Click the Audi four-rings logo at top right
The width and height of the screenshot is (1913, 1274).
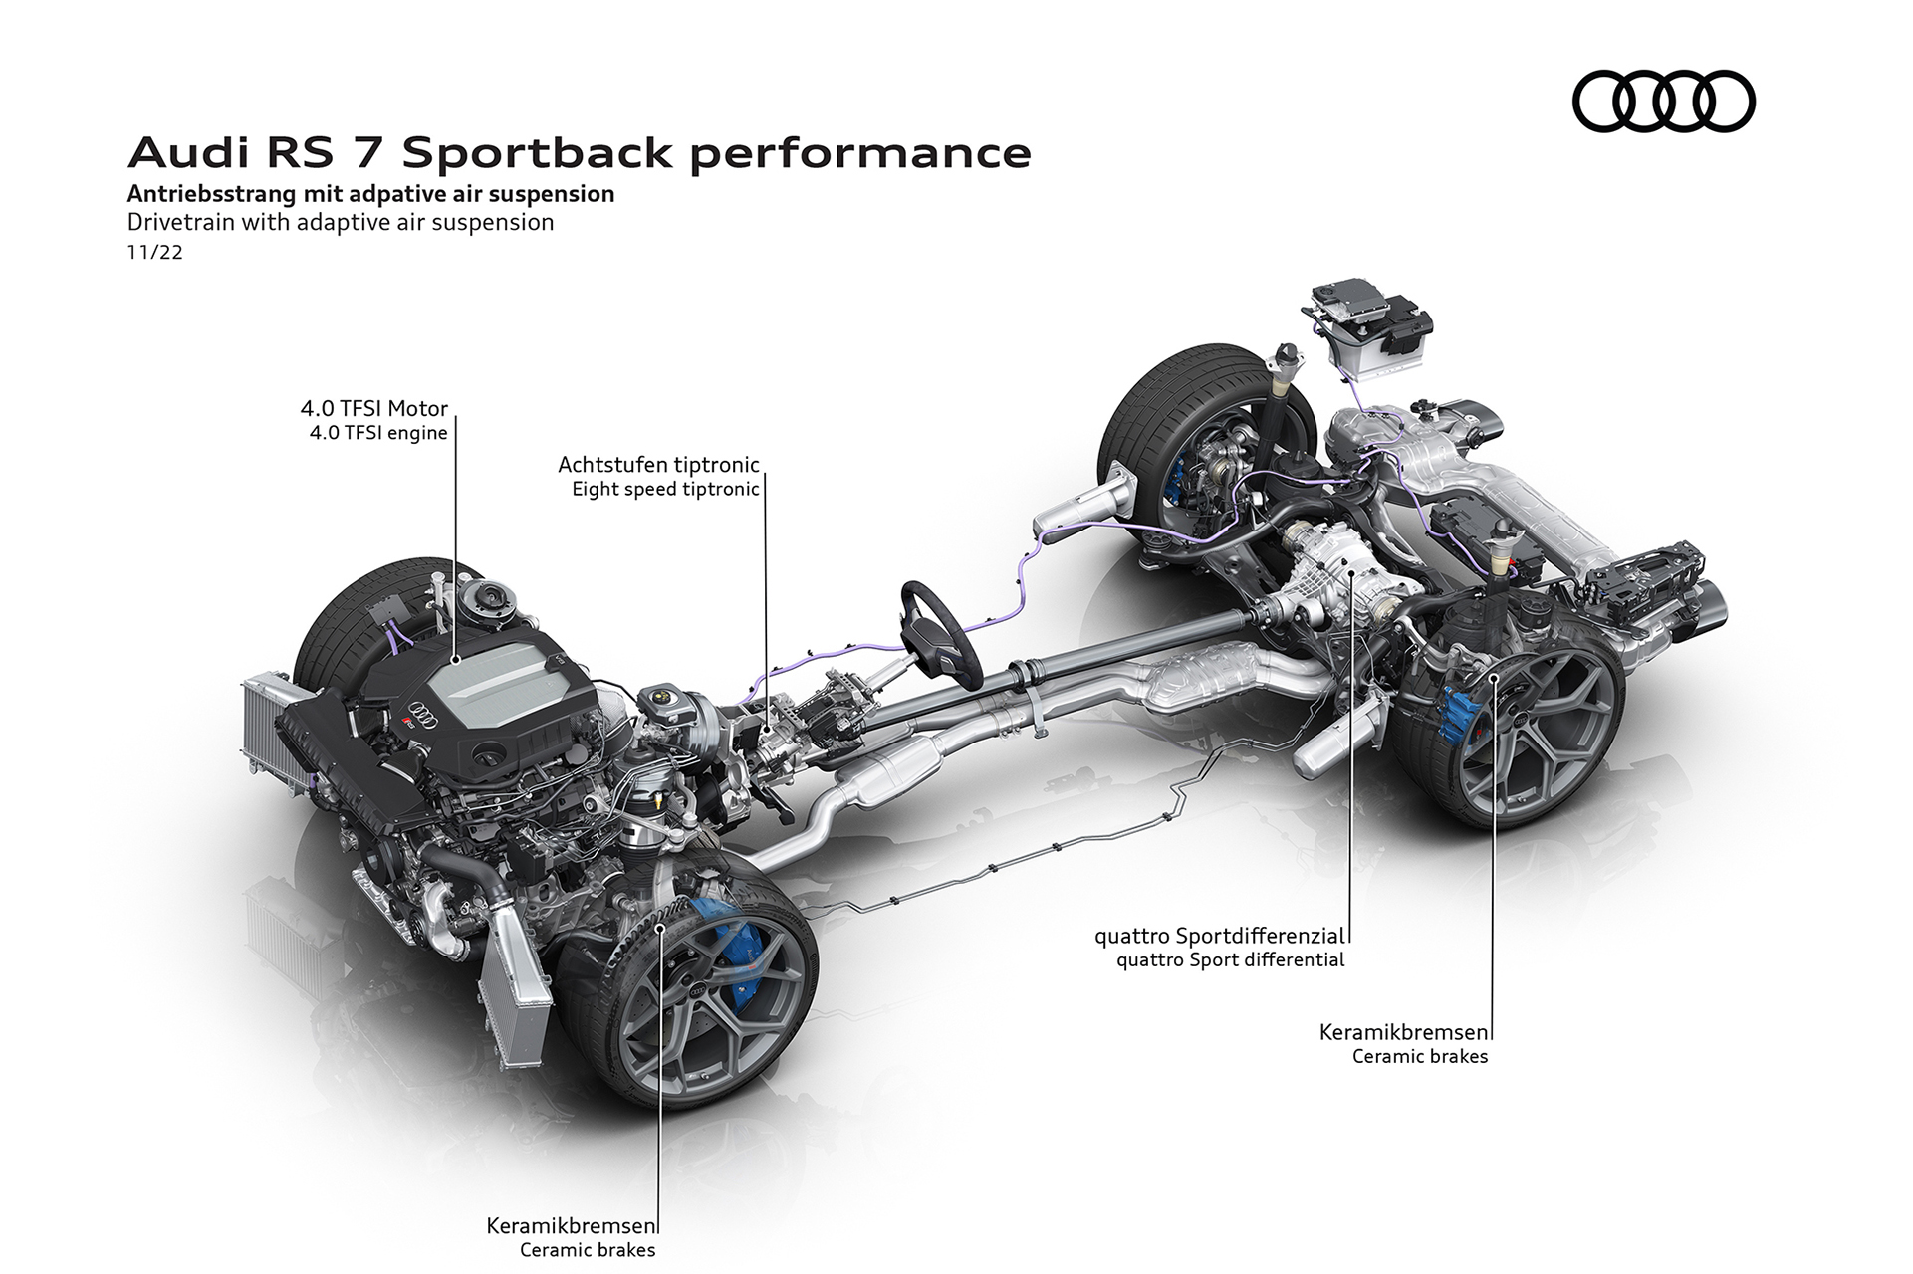coord(1663,101)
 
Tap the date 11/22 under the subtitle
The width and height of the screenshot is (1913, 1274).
coord(154,253)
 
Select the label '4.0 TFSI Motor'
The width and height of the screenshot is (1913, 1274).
coord(374,408)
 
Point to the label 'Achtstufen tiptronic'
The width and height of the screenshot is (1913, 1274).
coord(658,465)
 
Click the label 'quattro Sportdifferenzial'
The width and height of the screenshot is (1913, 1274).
coord(1220,936)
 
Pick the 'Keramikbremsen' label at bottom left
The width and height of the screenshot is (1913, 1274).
coord(571,1225)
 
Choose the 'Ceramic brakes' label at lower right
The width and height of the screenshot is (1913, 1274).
coord(1419,1056)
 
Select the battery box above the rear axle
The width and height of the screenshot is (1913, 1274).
coord(1371,331)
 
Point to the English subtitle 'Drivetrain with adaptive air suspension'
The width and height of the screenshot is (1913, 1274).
coord(341,222)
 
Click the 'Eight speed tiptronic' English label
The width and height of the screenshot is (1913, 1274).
coord(665,489)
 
